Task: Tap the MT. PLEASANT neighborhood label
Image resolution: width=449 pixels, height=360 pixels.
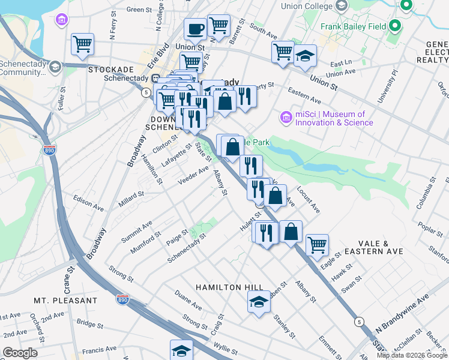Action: tap(65, 300)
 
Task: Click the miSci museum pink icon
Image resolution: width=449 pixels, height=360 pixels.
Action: tap(286, 117)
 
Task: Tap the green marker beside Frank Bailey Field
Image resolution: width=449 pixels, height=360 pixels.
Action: tap(394, 26)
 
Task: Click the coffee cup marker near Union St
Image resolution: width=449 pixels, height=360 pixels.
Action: tap(196, 29)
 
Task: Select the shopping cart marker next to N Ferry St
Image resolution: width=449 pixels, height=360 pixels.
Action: tap(82, 43)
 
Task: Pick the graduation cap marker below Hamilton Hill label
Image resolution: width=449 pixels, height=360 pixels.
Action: tap(259, 301)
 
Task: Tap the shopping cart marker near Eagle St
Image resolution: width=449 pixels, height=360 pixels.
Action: tap(316, 244)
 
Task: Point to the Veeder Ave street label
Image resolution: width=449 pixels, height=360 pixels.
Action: tap(193, 175)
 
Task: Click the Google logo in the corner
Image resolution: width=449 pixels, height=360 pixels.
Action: tap(20, 353)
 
